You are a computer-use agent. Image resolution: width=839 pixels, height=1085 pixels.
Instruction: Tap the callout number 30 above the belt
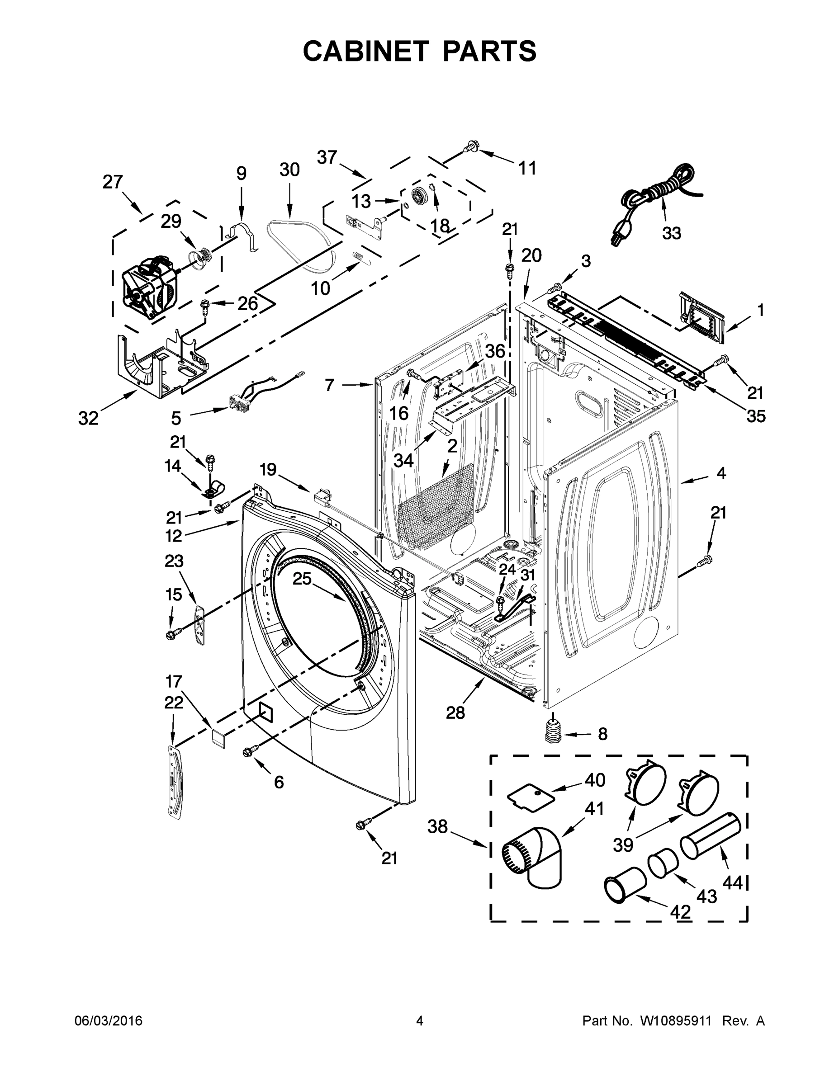(289, 170)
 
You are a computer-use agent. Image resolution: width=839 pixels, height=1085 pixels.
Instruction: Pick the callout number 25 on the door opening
(301, 579)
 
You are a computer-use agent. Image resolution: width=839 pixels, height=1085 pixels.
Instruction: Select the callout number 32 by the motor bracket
(89, 418)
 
